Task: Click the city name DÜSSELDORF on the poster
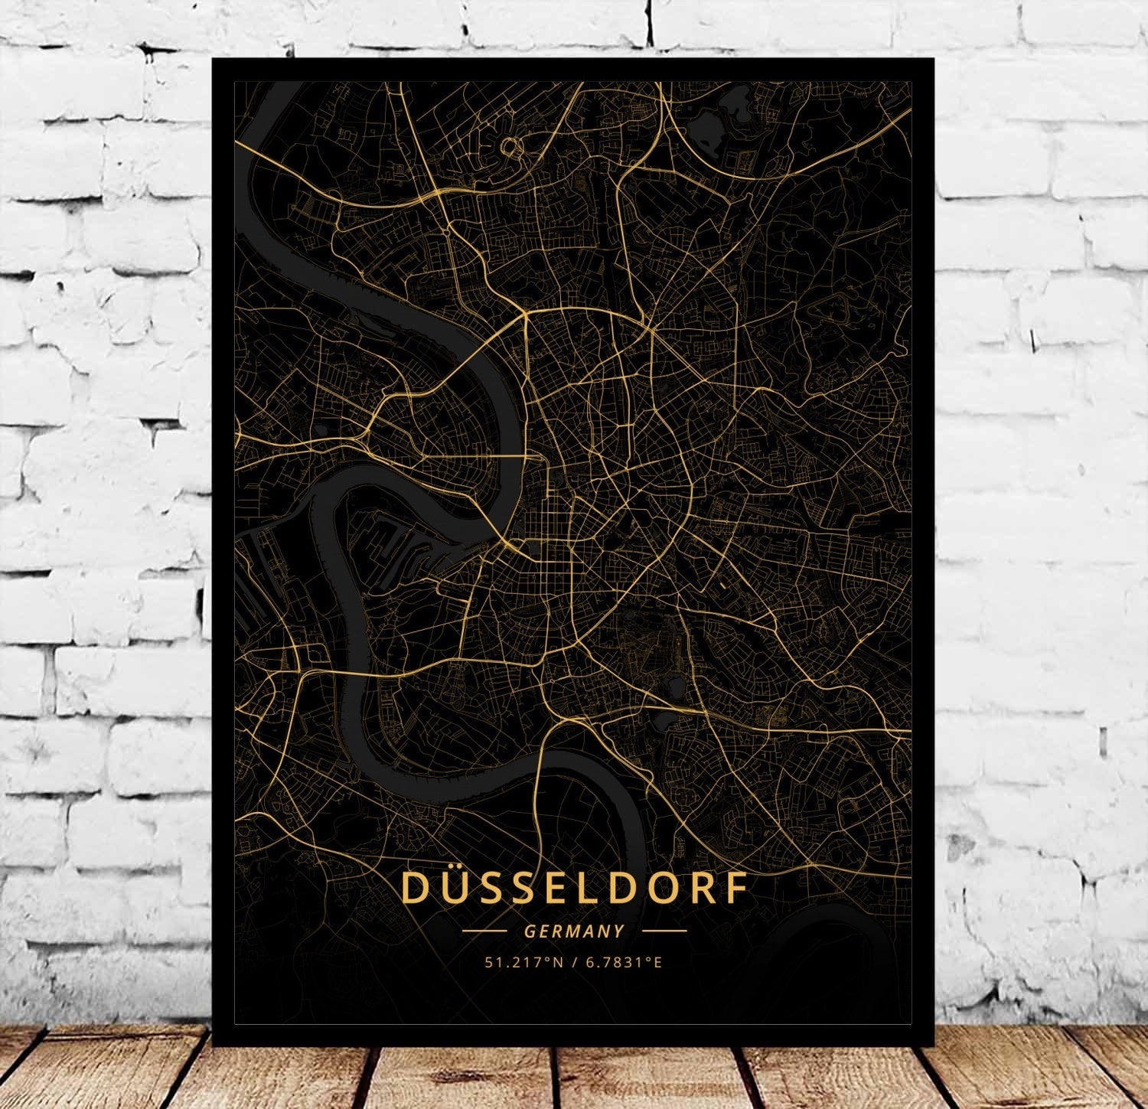(574, 888)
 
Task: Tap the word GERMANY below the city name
(574, 931)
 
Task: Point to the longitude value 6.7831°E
(624, 962)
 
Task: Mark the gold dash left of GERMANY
(484, 931)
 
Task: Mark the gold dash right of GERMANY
(664, 931)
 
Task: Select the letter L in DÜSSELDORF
(576, 888)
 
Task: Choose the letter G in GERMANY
(530, 931)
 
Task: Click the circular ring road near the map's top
(510, 146)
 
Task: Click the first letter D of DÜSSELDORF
(415, 888)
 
